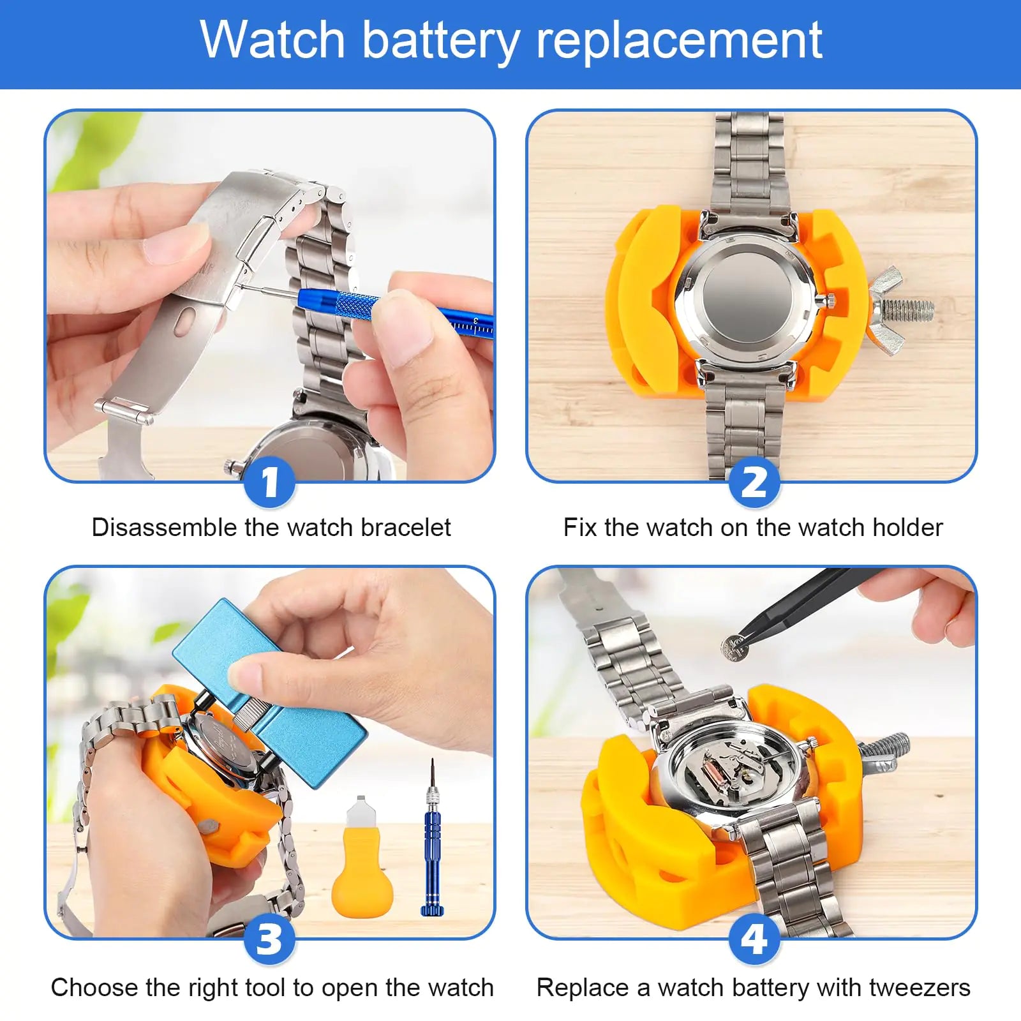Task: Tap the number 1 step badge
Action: [x=270, y=482]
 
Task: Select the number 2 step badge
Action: [x=754, y=482]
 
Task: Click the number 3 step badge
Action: [x=269, y=939]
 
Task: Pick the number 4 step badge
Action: [x=754, y=939]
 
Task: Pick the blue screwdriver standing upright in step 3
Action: [x=433, y=842]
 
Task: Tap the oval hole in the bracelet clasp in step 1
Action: [x=186, y=320]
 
